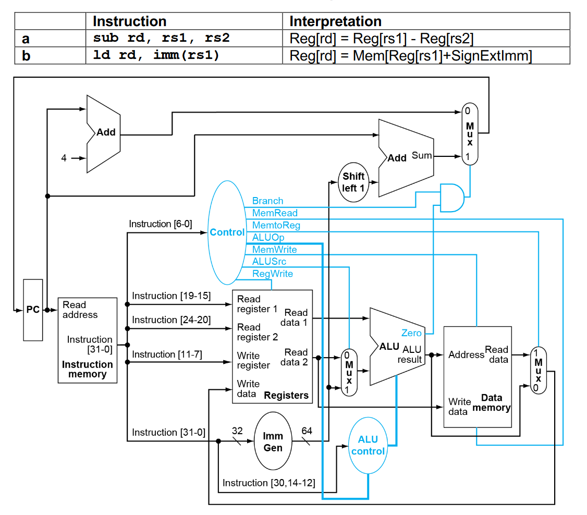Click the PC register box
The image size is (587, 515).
point(33,310)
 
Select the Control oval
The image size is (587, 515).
point(227,232)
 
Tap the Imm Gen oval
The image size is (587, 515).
point(273,442)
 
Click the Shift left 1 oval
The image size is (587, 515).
point(353,182)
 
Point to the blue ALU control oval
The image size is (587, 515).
point(368,446)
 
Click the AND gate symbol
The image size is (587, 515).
point(451,198)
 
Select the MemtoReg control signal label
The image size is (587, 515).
point(276,225)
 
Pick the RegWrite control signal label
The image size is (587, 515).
point(272,274)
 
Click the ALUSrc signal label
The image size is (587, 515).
point(269,262)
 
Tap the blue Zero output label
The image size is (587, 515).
point(411,333)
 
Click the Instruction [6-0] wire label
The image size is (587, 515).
point(161,224)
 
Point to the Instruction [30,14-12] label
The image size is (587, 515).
point(269,483)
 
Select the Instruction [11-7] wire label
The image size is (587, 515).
point(167,354)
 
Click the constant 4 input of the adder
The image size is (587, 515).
point(64,158)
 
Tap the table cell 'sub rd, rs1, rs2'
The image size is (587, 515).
point(161,39)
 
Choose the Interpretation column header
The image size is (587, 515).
point(335,21)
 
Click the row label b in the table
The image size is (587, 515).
point(26,55)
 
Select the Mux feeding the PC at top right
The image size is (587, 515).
point(470,134)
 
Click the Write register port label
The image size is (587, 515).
point(253,360)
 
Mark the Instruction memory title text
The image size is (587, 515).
point(87,369)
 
